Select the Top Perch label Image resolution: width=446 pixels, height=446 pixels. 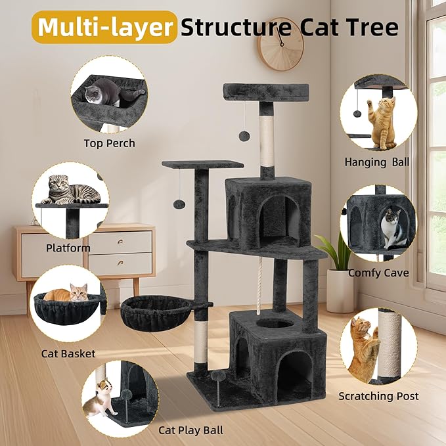tap(109, 143)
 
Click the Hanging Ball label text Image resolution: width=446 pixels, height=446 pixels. tap(376, 162)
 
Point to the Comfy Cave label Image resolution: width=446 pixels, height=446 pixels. tap(378, 273)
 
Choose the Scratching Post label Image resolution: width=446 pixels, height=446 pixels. tap(378, 396)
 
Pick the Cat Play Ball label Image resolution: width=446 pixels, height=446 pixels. tap(190, 430)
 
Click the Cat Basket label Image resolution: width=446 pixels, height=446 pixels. tap(68, 354)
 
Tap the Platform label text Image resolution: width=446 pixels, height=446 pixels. tap(68, 248)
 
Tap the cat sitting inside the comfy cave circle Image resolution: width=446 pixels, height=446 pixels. tap(392, 227)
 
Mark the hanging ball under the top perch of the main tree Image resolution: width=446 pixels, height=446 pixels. tap(244, 136)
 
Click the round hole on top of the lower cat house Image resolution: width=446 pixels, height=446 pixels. tap(269, 323)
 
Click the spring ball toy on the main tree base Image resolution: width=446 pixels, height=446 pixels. tap(217, 376)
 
